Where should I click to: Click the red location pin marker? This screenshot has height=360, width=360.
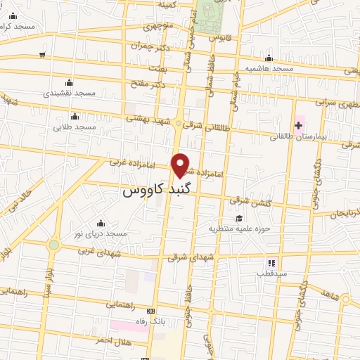click(181, 165)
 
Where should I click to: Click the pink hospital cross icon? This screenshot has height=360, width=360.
click(299, 125)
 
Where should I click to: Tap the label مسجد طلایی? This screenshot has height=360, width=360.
click(75, 127)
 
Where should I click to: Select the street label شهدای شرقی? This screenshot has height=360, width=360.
click(189, 257)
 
